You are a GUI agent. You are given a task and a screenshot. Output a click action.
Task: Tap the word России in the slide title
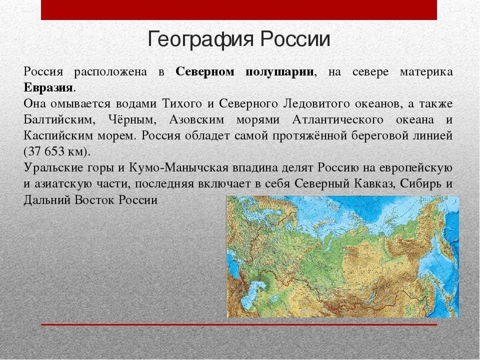(295, 39)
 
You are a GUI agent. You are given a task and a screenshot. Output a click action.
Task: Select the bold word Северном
(205, 72)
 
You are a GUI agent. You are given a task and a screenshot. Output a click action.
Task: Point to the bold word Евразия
(48, 88)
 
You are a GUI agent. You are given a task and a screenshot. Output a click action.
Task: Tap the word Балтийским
(58, 119)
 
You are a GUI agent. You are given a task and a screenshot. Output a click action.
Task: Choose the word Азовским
(196, 119)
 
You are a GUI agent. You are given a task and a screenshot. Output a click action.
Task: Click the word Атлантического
(337, 119)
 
